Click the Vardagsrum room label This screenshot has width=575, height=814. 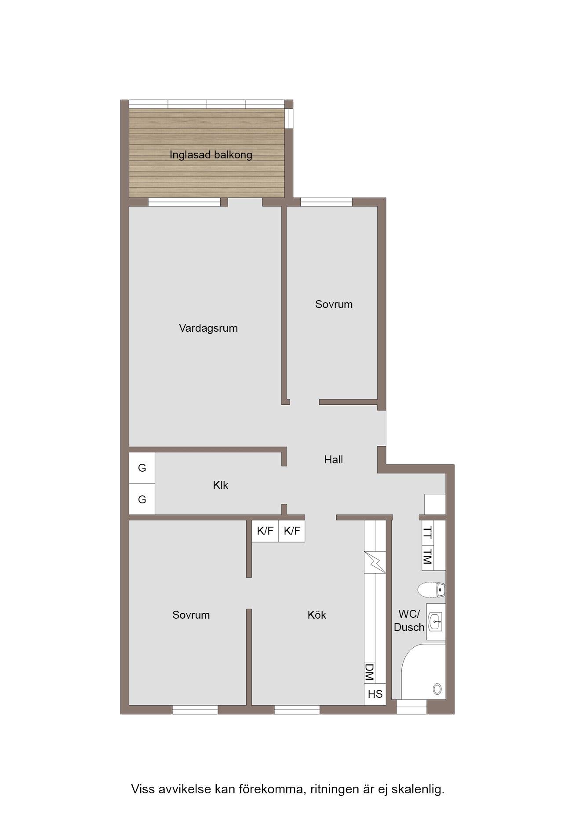208,328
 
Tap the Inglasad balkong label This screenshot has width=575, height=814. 211,155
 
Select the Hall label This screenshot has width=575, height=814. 334,460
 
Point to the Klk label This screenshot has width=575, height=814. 221,485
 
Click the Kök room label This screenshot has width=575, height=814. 317,615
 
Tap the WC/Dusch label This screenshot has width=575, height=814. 409,620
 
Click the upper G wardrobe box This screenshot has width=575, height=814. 142,468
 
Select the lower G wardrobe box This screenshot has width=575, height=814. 142,499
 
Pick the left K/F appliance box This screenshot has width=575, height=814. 265,531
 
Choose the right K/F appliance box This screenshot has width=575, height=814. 292,531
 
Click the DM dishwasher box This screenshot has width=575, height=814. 369,672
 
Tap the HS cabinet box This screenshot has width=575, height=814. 375,694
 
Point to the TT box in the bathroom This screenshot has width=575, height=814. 427,532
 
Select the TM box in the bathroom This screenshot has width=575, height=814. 427,558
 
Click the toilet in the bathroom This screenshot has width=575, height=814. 431,590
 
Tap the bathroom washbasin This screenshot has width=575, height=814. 436,622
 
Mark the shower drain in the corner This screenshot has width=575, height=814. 437,689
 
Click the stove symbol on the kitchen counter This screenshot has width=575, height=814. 375,562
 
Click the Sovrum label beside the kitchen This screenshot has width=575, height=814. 191,615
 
